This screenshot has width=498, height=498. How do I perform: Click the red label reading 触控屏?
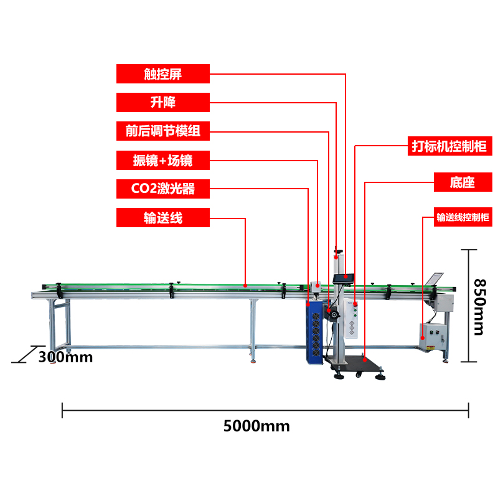point(163,73)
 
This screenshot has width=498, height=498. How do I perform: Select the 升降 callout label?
point(163,102)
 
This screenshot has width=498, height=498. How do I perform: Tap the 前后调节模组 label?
point(163,131)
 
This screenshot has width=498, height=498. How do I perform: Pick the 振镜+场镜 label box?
point(163,160)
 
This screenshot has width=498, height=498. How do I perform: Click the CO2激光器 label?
point(163,189)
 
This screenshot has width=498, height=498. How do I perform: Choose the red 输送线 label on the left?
point(163,218)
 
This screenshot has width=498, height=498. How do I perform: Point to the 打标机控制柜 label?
point(449,146)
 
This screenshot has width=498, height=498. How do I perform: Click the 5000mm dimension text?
point(256,426)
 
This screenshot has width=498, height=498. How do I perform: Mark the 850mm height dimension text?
point(479,306)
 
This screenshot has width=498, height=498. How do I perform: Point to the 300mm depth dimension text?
point(65,357)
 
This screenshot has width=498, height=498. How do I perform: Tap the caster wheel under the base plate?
point(358,375)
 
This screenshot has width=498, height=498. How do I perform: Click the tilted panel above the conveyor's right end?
point(436,278)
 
